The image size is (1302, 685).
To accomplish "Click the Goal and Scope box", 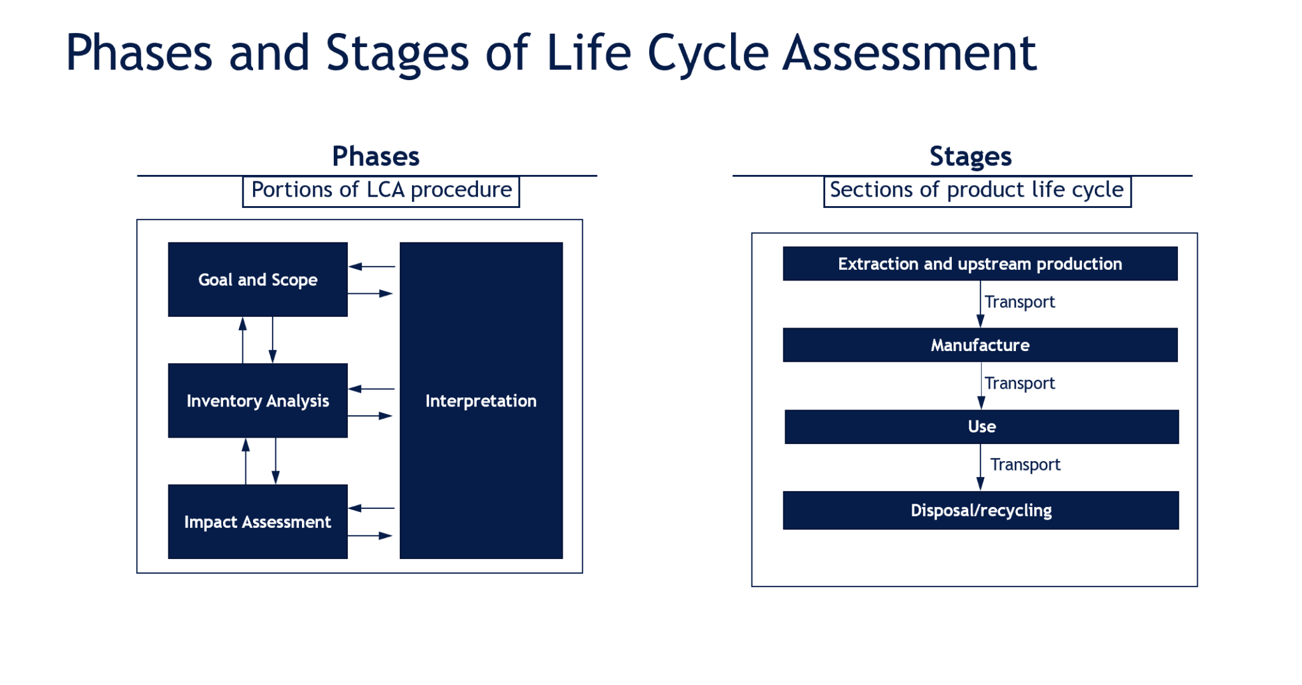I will [x=257, y=279].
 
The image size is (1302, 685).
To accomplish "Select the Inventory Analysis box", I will [x=257, y=401].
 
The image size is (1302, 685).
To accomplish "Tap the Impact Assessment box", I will [x=257, y=522].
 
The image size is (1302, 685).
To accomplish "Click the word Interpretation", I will [x=481, y=401].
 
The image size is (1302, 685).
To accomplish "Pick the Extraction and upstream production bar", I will [x=980, y=263].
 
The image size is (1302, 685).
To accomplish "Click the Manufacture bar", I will [x=980, y=345].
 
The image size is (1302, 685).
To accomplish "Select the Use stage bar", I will [x=982, y=426].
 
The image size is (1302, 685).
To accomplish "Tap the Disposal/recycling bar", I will [x=981, y=510].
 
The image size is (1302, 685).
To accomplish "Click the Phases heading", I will [x=376, y=156].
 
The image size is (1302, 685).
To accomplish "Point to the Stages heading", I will [x=970, y=156].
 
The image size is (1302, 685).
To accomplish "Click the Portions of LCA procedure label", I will [x=381, y=190].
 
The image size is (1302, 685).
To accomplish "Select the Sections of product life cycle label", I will [x=976, y=190].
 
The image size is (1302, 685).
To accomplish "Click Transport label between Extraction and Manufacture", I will [x=1019, y=301].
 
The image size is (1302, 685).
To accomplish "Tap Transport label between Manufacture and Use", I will [x=1019, y=383].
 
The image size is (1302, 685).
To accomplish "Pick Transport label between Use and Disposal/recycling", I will [x=1025, y=464].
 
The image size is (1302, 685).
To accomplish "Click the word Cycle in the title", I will [x=708, y=53].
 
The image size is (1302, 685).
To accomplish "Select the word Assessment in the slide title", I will [x=909, y=53].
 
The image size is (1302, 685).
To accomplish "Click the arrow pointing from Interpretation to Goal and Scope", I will [x=372, y=266].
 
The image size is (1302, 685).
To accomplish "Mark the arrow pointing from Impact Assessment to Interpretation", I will [x=370, y=536].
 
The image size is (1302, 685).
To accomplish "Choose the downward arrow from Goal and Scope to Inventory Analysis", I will [x=273, y=340].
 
